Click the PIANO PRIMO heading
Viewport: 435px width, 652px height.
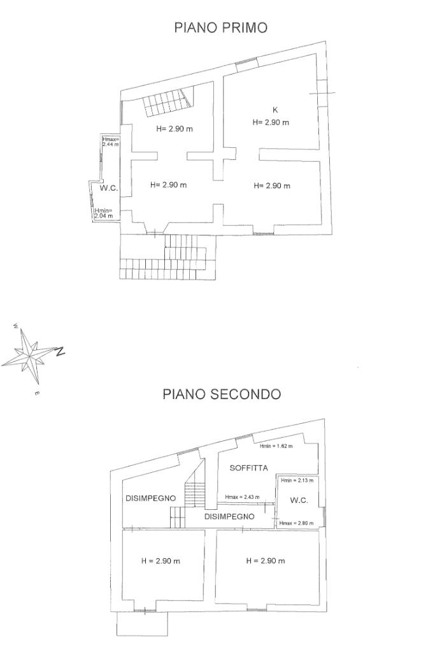pyautogui.click(x=221, y=27)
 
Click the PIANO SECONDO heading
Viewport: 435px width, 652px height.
pyautogui.click(x=221, y=395)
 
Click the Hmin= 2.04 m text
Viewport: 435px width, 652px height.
pyautogui.click(x=103, y=214)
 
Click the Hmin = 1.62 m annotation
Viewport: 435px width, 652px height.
pyautogui.click(x=277, y=446)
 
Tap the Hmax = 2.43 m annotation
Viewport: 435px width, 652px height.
pyautogui.click(x=242, y=496)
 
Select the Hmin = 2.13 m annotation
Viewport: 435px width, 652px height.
pyautogui.click(x=297, y=480)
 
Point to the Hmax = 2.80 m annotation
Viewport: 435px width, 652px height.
pyautogui.click(x=296, y=523)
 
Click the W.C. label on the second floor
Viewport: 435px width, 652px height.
pyautogui.click(x=299, y=500)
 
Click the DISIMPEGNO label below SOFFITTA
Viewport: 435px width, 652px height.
pyautogui.click(x=229, y=516)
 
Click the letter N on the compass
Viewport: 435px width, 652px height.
pyautogui.click(x=61, y=351)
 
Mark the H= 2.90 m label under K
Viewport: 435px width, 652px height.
pyautogui.click(x=271, y=122)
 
